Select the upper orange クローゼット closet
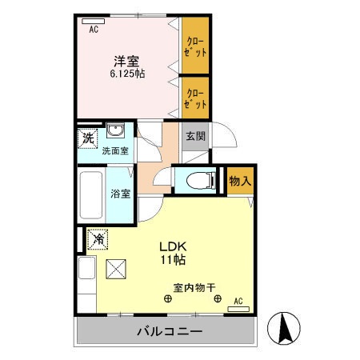(x=196, y=46)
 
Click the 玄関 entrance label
(x=195, y=136)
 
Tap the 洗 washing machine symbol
(x=87, y=137)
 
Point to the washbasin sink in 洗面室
(x=116, y=133)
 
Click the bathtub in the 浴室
(x=91, y=196)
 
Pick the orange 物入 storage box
(x=240, y=182)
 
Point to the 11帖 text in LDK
(x=175, y=261)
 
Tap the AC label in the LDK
(x=237, y=302)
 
